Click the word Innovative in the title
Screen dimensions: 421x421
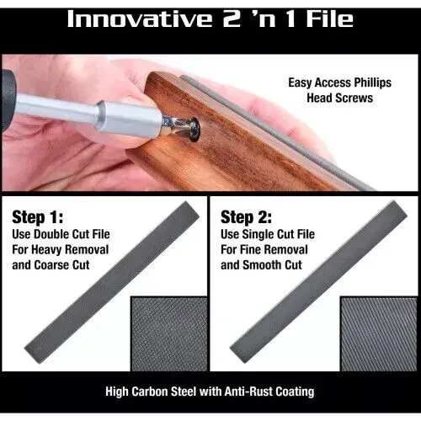click(140, 19)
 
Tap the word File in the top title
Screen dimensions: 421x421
click(329, 19)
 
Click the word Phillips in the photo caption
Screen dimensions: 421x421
click(372, 83)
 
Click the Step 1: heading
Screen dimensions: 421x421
click(38, 217)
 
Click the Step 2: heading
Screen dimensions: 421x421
click(246, 217)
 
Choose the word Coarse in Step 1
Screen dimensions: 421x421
click(51, 265)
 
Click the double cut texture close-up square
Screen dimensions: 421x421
click(169, 333)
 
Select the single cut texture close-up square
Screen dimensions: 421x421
click(379, 333)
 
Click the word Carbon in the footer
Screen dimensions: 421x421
click(150, 392)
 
